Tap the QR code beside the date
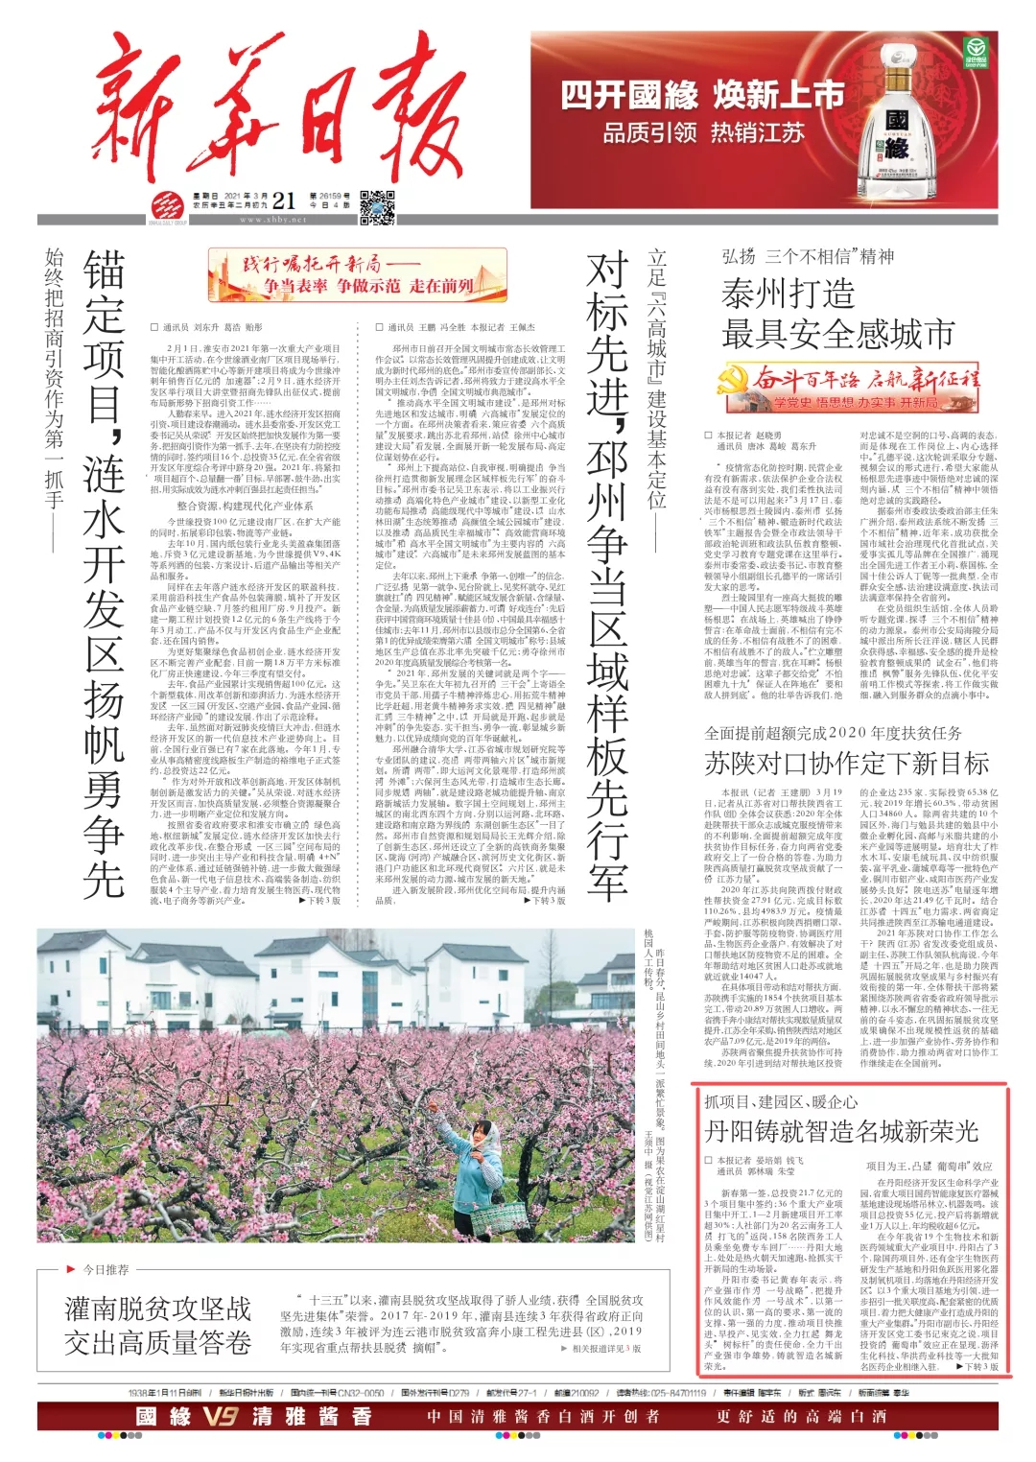(x=377, y=206)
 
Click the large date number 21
(x=284, y=200)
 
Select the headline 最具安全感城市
(x=837, y=334)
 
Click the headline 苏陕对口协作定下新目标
(x=846, y=764)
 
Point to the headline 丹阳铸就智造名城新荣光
(x=840, y=1131)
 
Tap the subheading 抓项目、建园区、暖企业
(x=781, y=1101)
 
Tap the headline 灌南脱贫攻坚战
(x=158, y=1309)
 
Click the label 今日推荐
(x=106, y=1270)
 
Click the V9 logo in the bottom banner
(x=220, y=1416)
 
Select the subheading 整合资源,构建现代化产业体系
(x=245, y=506)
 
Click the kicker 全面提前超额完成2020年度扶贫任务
(x=833, y=733)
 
